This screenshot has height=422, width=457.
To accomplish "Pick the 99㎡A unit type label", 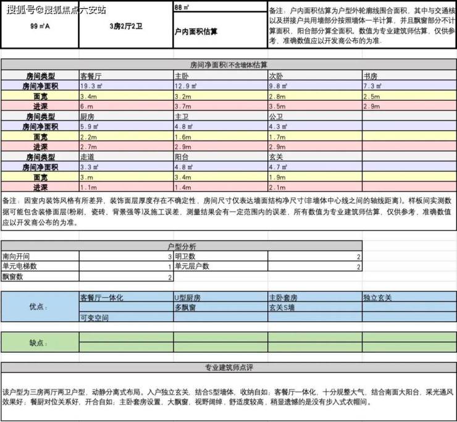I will [39, 27].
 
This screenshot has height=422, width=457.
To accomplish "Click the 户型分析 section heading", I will [181, 247].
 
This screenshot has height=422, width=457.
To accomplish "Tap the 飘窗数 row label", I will [14, 277].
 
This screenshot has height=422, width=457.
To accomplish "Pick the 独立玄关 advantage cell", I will [377, 298].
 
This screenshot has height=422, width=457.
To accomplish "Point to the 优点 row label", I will [38, 306].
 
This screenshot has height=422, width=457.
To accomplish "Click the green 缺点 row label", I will [38, 342].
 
